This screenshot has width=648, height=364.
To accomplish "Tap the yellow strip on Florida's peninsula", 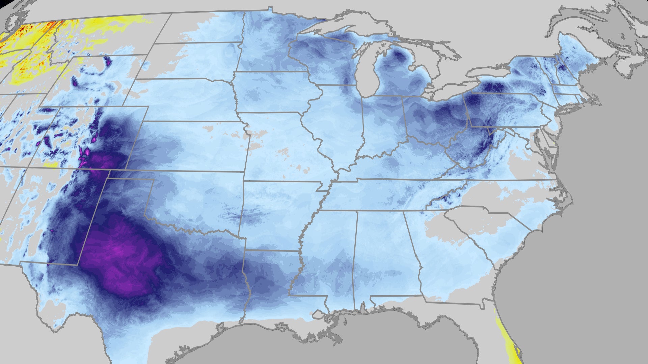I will pos(506,340).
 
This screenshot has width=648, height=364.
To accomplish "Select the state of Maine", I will pos(574,51).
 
